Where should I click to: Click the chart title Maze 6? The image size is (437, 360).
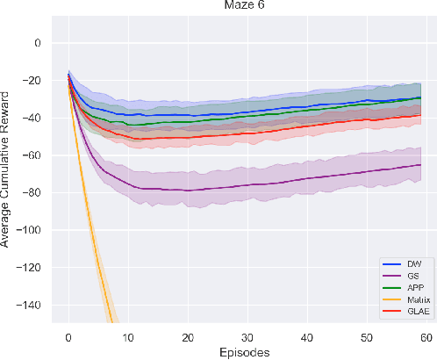tap(243, 7)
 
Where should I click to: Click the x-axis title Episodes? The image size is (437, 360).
tap(243, 352)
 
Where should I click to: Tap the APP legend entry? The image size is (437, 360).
tap(405, 286)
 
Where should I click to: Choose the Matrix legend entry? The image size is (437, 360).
tap(405, 298)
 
